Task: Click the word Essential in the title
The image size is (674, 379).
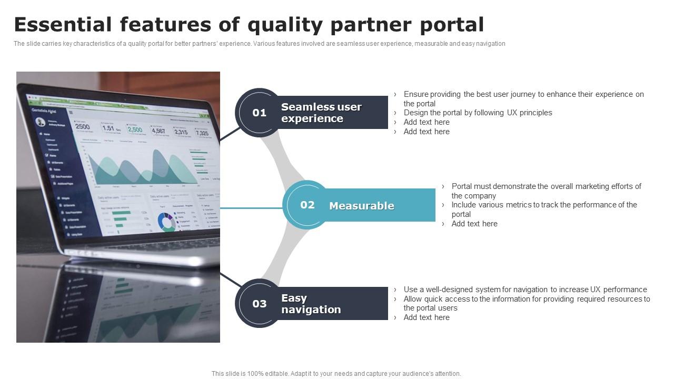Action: pyautogui.click(x=63, y=25)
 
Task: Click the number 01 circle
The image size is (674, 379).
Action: pyautogui.click(x=259, y=113)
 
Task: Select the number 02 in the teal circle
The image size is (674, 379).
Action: pyautogui.click(x=308, y=205)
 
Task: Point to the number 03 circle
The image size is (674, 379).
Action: pyautogui.click(x=259, y=304)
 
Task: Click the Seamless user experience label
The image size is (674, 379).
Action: pyautogui.click(x=321, y=113)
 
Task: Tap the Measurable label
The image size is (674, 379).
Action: pyautogui.click(x=361, y=206)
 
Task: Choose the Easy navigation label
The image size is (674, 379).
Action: pyautogui.click(x=311, y=304)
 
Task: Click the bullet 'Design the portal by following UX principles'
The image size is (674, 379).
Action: pyautogui.click(x=478, y=113)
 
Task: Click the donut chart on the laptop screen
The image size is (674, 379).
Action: pyautogui.click(x=167, y=222)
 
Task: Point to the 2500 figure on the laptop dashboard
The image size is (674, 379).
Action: pyautogui.click(x=83, y=127)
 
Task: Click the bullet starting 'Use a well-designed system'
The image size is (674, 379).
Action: pyautogui.click(x=525, y=290)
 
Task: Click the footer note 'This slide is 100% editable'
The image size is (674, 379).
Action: pyautogui.click(x=336, y=374)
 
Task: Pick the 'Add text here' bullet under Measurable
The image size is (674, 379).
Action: pyautogui.click(x=474, y=224)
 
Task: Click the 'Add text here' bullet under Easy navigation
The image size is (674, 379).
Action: pyautogui.click(x=426, y=317)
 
